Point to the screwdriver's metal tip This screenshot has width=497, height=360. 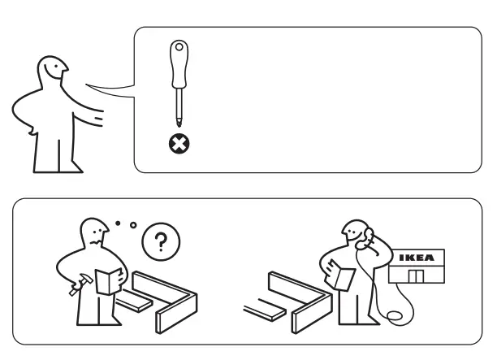pyautogui.click(x=175, y=122)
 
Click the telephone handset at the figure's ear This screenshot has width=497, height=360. pyautogui.click(x=365, y=235)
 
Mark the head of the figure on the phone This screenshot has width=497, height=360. pyautogui.click(x=355, y=235)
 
